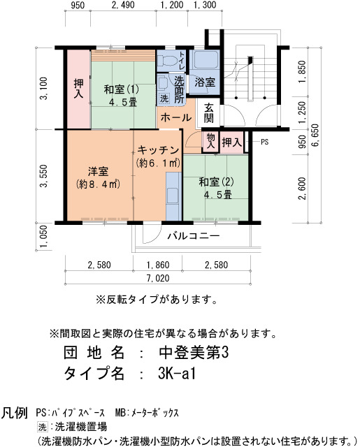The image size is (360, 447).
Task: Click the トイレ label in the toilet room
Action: (182, 61)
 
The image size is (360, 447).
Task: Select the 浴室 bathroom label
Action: (205, 82)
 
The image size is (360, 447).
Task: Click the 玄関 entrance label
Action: (209, 112)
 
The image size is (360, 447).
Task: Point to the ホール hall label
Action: (175, 117)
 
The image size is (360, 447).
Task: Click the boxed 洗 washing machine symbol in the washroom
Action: (164, 98)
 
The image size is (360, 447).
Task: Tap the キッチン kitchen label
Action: (158, 150)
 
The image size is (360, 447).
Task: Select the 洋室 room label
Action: (98, 171)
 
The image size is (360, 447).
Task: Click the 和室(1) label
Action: (122, 89)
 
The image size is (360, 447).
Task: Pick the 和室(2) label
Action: (216, 182)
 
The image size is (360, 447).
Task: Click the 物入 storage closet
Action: (210, 141)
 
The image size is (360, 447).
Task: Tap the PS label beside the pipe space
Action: (265, 142)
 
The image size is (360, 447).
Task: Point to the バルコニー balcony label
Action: (194, 236)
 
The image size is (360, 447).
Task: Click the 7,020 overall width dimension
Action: (158, 278)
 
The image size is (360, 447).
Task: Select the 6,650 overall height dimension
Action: (315, 135)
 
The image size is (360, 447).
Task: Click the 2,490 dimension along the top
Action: (123, 5)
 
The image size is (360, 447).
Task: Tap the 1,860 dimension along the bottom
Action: (158, 265)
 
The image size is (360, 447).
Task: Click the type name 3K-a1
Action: (177, 373)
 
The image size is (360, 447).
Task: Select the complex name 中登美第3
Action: (194, 353)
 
